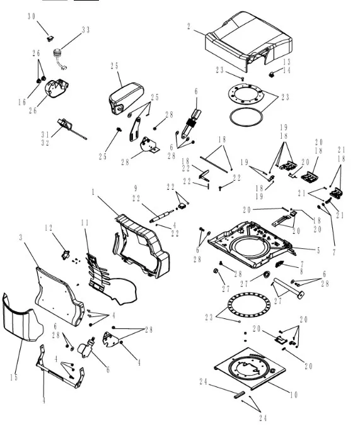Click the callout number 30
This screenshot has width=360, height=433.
coord(32,16)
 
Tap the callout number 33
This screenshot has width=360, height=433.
coord(86,30)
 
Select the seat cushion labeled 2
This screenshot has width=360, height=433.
coord(248,41)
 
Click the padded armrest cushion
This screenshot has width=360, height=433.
coord(126,98)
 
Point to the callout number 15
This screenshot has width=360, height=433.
coord(14,377)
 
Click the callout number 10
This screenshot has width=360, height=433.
coord(294,395)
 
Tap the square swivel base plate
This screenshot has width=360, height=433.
coord(250,369)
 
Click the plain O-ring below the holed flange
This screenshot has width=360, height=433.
coord(246,117)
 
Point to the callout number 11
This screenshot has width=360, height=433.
coord(85,222)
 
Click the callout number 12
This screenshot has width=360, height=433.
coord(49,228)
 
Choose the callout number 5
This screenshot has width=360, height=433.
coord(318,250)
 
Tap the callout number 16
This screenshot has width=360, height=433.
coord(22,103)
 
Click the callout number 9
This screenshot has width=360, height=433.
coord(136,188)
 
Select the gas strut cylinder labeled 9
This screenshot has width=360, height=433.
coord(161,216)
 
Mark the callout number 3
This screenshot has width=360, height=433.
coord(21,238)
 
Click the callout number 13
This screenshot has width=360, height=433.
coord(287,62)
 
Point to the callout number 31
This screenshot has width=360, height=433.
coord(45,135)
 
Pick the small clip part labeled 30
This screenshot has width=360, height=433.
coord(50,38)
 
